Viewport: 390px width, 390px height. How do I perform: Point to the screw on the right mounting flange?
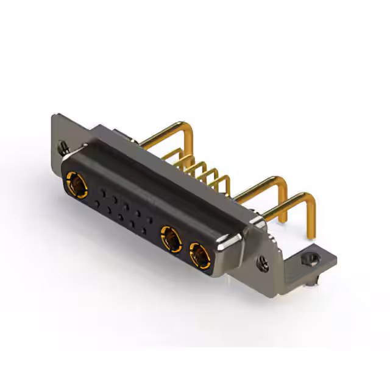point(263,264)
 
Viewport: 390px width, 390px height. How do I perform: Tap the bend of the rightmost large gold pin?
point(308,199)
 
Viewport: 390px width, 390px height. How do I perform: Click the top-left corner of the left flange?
point(55,115)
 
